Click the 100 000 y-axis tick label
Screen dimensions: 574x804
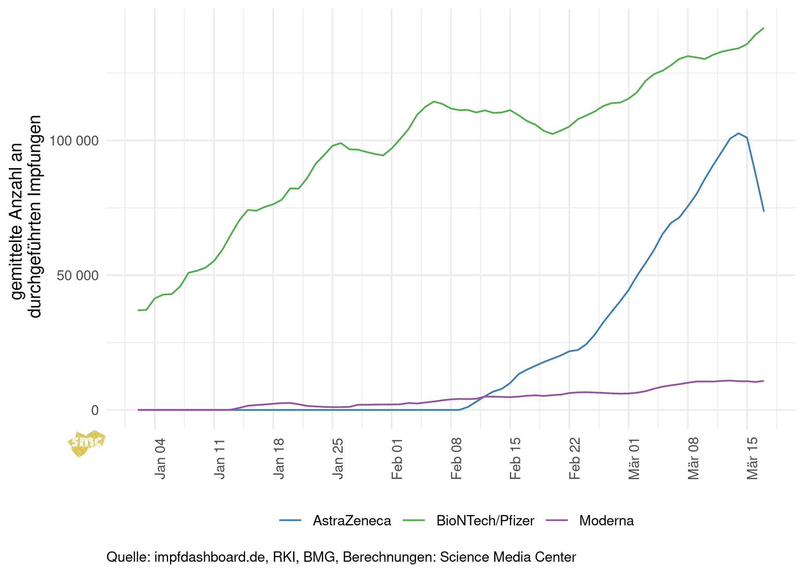coord(73,141)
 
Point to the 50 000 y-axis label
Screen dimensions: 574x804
coord(77,276)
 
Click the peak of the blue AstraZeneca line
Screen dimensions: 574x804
coord(738,133)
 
